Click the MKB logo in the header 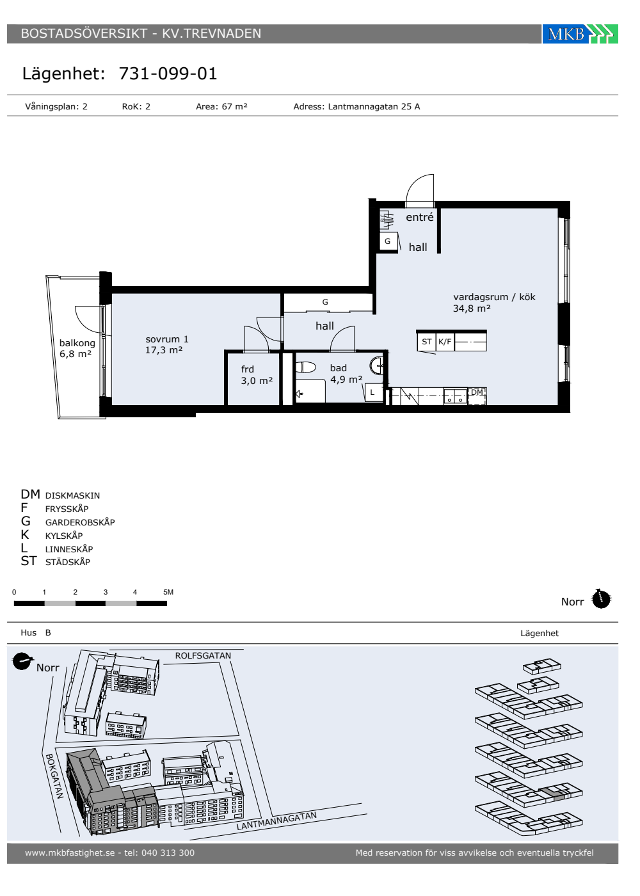pyautogui.click(x=580, y=33)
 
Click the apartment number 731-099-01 pyautogui.click(x=168, y=74)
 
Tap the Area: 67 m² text pyautogui.click(x=221, y=106)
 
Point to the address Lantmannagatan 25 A pyautogui.click(x=374, y=106)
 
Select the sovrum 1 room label pyautogui.click(x=167, y=339)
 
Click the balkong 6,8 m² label pyautogui.click(x=77, y=348)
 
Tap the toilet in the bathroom pyautogui.click(x=306, y=367)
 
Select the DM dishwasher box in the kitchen pyautogui.click(x=477, y=396)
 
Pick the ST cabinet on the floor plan pyautogui.click(x=426, y=342)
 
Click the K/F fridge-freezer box pyautogui.click(x=445, y=342)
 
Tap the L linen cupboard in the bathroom pyautogui.click(x=372, y=392)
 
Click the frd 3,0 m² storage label pyautogui.click(x=257, y=375)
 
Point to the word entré pyautogui.click(x=420, y=217)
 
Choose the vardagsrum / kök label pyautogui.click(x=494, y=297)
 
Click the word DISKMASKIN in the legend pyautogui.click(x=72, y=495)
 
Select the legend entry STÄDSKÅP pyautogui.click(x=68, y=562)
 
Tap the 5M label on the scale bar pyautogui.click(x=168, y=592)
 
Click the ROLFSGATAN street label pyautogui.click(x=204, y=655)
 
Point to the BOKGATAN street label pyautogui.click(x=54, y=776)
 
